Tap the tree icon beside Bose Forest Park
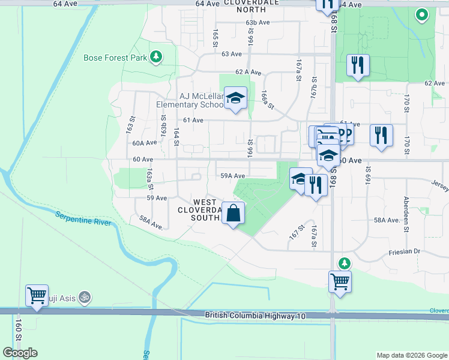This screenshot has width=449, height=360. coord(157,57)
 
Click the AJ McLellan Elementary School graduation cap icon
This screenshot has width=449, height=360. coord(236,98)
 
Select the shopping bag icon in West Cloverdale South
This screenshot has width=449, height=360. coord(233,213)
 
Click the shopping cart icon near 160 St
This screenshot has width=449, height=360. coord(37,296)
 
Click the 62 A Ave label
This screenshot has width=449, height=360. coord(249,71)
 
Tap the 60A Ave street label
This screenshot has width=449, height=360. coord(144,143)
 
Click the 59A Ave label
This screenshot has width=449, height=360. coord(232,176)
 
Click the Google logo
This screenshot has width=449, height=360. coord(20,353)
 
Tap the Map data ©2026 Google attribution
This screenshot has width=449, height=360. coord(411,355)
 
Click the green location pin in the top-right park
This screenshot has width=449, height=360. coord(422,14)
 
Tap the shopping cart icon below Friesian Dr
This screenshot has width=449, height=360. coord(340,281)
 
